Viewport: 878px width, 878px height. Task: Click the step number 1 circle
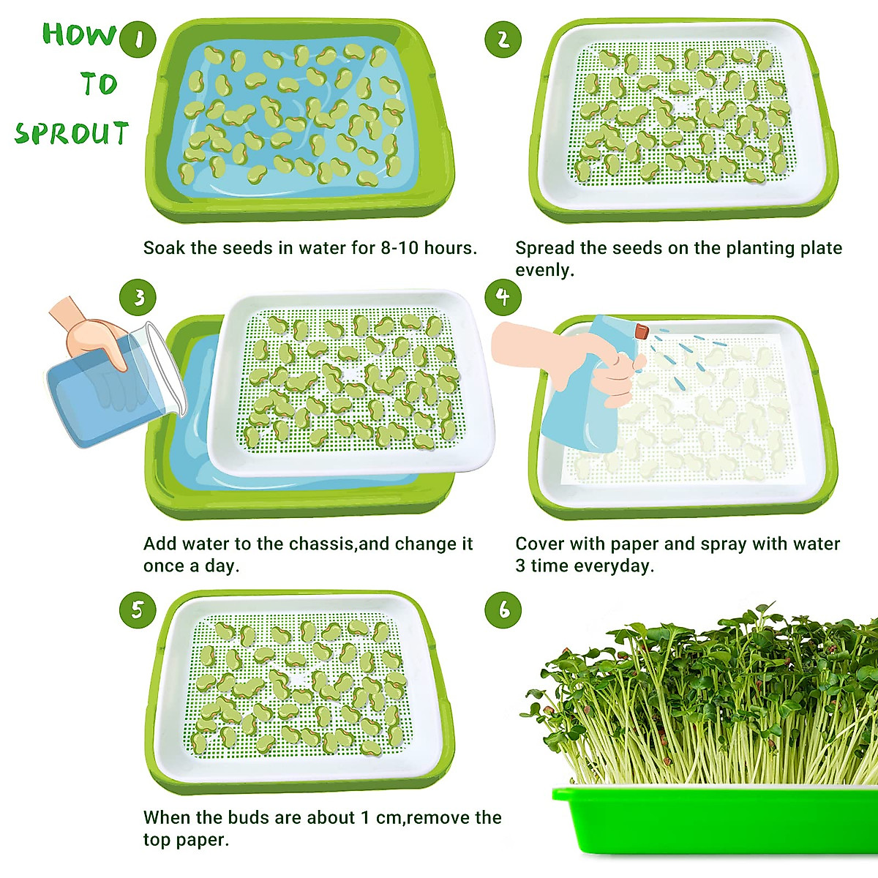[x=138, y=40]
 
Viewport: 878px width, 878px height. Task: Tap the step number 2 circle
[x=503, y=40]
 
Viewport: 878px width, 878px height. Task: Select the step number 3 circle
[x=138, y=297]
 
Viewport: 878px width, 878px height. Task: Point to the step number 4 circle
[x=503, y=297]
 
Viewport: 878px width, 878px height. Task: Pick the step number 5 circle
[x=138, y=609]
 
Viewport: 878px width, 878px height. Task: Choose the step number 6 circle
[x=503, y=609]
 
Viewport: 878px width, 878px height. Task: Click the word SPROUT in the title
[x=72, y=134]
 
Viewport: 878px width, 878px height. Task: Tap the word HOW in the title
[x=79, y=34]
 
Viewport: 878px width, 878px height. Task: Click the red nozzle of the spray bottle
[x=642, y=331]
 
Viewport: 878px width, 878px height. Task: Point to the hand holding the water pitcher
[x=91, y=333]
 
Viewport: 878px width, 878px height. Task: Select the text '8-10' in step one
[x=399, y=248]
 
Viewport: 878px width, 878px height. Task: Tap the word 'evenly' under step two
[x=543, y=270]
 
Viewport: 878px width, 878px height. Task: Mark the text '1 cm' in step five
[x=380, y=817]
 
